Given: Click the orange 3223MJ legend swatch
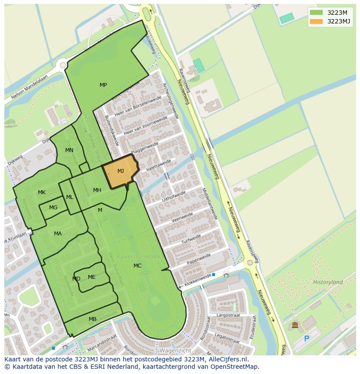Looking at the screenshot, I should coord(316,21).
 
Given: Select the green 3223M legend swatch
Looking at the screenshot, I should coord(316,13).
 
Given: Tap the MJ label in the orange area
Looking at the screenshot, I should coord(120,171).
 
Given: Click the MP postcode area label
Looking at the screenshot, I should coord(103,85).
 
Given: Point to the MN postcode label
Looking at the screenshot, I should coord(69,150).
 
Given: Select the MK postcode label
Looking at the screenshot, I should coord(42,192).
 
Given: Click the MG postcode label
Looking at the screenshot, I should coord(53,208).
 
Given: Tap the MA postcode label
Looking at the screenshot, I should coord(58,234).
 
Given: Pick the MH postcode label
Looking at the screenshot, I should coord(97,190).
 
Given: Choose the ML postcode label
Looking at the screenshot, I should coord(70,197).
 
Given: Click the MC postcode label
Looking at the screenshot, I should coord(137,266).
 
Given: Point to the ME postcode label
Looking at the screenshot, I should coord(91,277).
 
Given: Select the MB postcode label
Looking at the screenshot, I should coord(93,319).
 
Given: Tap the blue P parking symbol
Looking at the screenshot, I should coord(307,339).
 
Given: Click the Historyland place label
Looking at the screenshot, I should coord(328,282).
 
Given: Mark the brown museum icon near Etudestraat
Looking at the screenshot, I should coord(295,325).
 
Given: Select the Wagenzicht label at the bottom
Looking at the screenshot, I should coord(175,350).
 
